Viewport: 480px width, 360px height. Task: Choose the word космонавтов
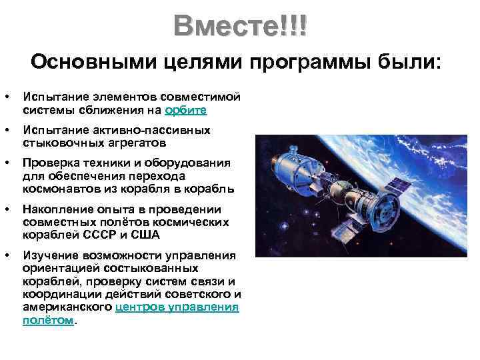[60, 188]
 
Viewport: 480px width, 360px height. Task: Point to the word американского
[67, 307]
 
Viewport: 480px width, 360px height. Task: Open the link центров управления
[177, 307]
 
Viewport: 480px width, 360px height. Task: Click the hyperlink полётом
[49, 320]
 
